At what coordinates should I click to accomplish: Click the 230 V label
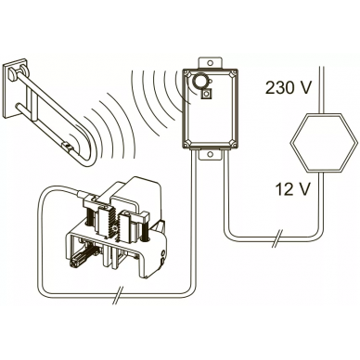[288, 88]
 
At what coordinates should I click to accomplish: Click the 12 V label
[292, 189]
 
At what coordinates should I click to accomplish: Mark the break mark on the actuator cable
[118, 296]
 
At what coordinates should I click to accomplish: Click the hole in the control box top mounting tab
[210, 63]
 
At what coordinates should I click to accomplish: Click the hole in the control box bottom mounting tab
[210, 154]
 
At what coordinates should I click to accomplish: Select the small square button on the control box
[206, 94]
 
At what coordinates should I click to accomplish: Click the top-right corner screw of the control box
[233, 74]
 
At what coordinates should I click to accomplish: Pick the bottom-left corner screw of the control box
[187, 143]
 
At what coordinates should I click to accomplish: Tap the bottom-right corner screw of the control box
[233, 143]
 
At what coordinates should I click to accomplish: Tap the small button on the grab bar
[68, 146]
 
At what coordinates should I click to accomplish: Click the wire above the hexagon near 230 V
[322, 90]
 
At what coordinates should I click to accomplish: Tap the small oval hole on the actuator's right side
[162, 253]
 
